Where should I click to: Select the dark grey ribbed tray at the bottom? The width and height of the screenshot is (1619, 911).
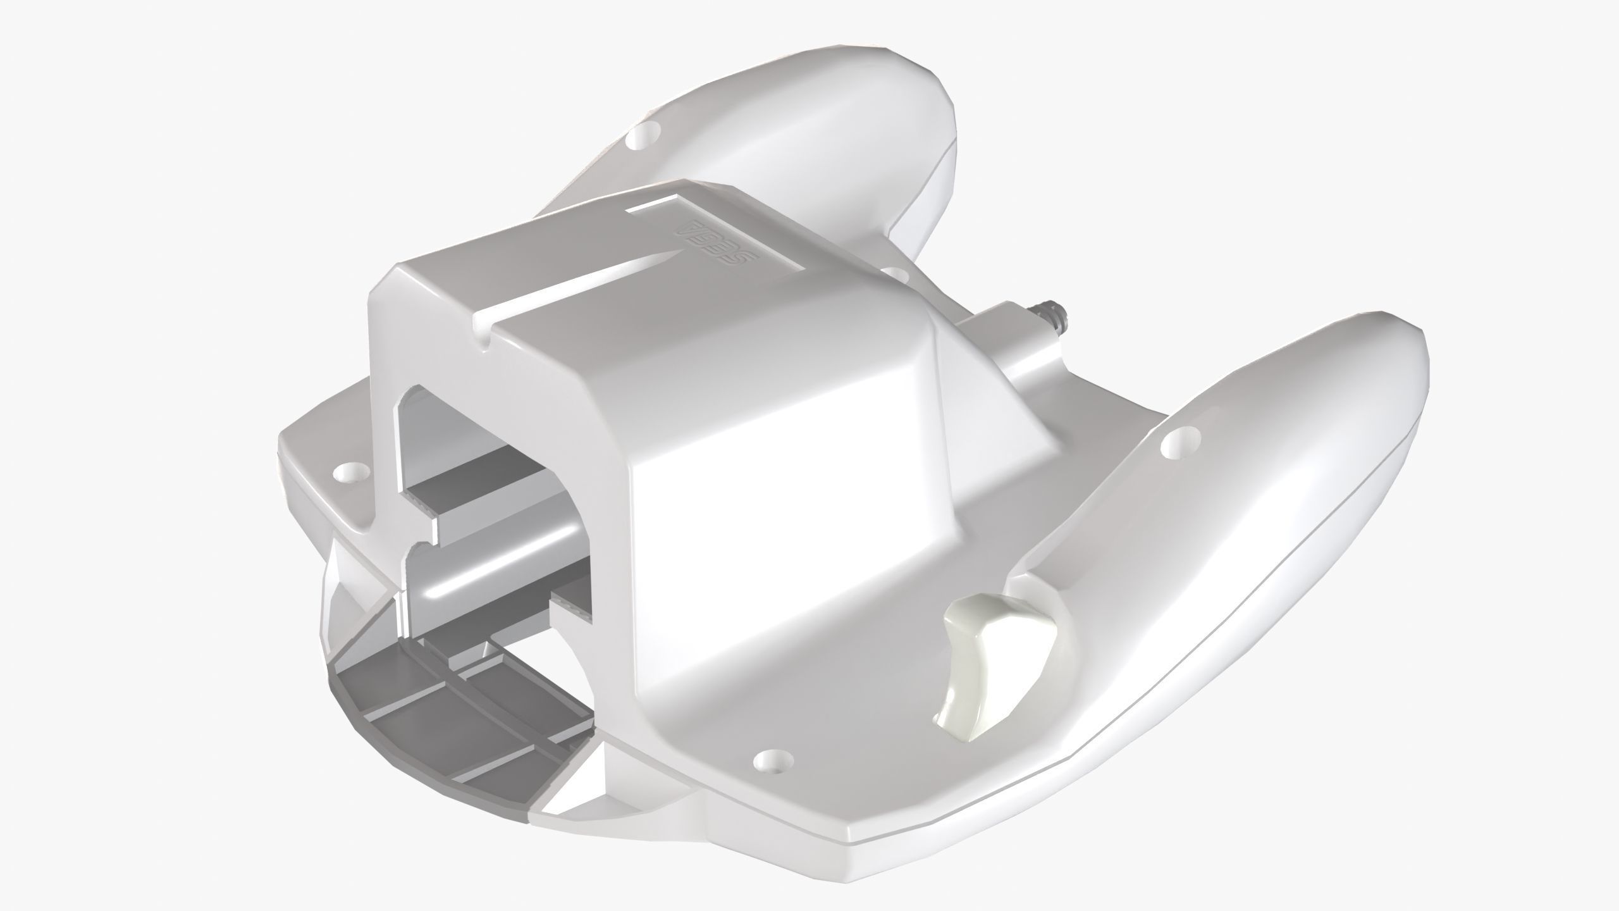(443, 709)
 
